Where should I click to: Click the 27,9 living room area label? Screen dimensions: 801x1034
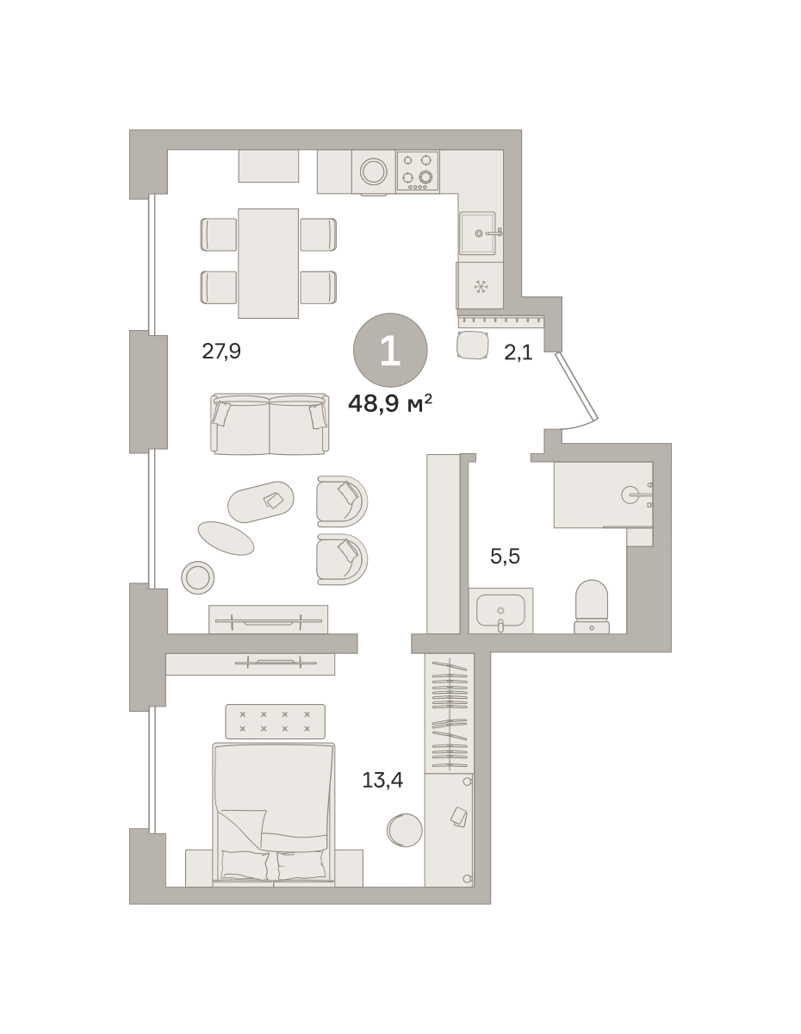click(x=221, y=352)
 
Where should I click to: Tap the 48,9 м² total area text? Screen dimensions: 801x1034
click(x=390, y=404)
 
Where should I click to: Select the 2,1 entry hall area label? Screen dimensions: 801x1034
click(x=518, y=352)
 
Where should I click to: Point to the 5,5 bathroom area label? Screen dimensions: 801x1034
click(x=505, y=556)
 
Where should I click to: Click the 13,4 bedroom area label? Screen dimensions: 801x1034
click(x=382, y=780)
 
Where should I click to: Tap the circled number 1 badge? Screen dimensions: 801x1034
click(x=390, y=350)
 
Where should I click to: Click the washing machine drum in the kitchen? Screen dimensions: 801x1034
click(x=374, y=171)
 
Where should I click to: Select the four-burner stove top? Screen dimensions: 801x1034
click(x=418, y=171)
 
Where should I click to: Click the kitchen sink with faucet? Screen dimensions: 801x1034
click(x=478, y=234)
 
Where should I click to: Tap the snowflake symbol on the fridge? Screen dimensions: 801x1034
click(x=481, y=286)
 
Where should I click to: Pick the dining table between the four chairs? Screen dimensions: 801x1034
click(x=268, y=263)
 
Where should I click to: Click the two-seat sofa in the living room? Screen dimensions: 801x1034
click(x=270, y=424)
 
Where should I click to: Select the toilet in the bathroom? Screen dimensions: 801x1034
click(x=592, y=607)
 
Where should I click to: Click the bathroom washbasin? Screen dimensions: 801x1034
click(x=500, y=611)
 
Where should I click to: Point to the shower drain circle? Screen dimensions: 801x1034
click(x=630, y=495)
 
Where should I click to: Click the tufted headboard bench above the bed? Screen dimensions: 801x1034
click(x=276, y=721)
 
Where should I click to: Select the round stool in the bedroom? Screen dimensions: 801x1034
click(x=404, y=830)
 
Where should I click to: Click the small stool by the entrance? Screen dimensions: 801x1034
click(x=473, y=345)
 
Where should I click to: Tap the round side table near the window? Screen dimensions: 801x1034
click(x=197, y=577)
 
